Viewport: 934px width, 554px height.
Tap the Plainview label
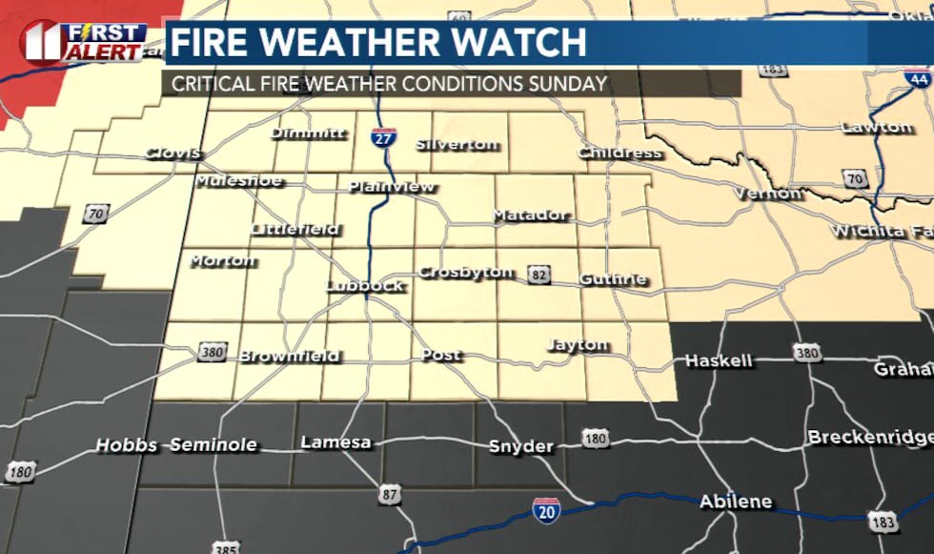391,187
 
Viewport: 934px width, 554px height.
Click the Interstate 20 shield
545,509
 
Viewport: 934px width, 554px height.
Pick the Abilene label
736,502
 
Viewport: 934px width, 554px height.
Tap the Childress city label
619,153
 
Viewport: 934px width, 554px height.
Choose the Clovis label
173,154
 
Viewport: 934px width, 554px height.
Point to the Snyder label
520,446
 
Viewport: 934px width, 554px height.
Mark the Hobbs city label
126,445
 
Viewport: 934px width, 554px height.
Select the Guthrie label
613,279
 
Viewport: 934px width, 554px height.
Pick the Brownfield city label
289,357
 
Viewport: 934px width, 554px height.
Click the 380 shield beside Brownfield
212,353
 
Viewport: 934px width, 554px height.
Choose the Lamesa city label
335,442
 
